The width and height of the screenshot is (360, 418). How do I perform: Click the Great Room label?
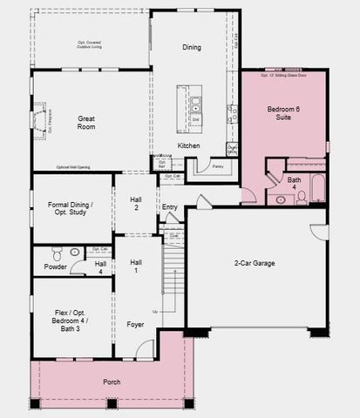point(85,122)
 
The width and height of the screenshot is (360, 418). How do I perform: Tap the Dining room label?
point(192,47)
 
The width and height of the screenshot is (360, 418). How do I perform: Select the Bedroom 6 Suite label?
point(285,111)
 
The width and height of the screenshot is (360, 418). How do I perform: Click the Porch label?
point(111,381)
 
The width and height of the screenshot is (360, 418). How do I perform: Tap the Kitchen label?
point(189,145)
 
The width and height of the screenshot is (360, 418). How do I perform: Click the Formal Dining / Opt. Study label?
point(71,208)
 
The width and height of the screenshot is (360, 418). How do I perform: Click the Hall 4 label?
point(100,267)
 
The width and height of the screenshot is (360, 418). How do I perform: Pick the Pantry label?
point(218,165)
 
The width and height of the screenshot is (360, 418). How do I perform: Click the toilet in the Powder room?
point(58,255)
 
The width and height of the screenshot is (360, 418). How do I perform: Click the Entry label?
point(170,207)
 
